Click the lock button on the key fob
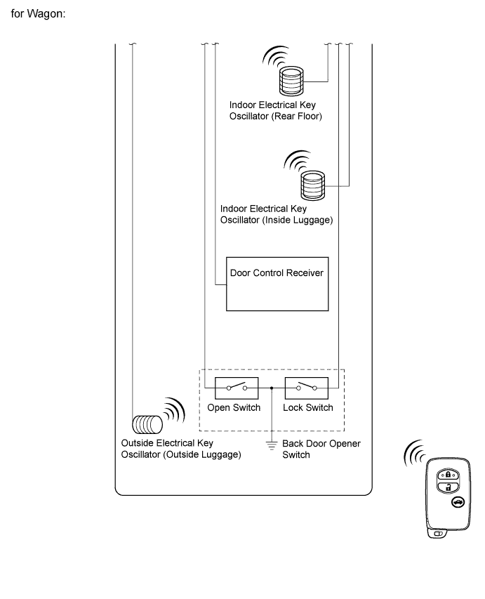point(447,475)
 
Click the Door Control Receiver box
point(277,283)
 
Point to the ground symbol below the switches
point(272,444)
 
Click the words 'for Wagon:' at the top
point(39,14)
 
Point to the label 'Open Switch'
point(234,408)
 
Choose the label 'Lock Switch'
point(307,408)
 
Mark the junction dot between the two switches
point(272,386)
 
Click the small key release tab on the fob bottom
point(437,534)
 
